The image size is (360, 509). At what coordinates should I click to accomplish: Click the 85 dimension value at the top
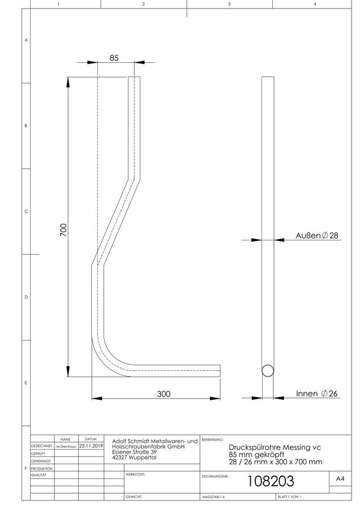(x=114, y=58)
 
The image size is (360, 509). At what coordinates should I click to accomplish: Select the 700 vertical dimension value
(x=64, y=230)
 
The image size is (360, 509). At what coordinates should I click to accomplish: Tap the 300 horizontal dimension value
(x=164, y=394)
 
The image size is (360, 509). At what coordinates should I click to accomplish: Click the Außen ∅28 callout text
(x=317, y=235)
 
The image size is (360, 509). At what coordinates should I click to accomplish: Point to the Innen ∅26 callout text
(x=317, y=394)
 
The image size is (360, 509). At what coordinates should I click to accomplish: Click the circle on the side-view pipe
(x=268, y=370)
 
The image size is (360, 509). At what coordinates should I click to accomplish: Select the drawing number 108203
(x=271, y=481)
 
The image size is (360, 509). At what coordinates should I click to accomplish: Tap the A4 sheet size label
(x=340, y=478)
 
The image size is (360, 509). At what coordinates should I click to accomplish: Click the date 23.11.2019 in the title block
(x=91, y=446)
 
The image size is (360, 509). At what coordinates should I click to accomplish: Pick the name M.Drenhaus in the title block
(x=66, y=447)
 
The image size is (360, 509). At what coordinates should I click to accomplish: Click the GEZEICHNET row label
(x=41, y=446)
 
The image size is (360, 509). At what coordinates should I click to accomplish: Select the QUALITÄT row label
(x=38, y=475)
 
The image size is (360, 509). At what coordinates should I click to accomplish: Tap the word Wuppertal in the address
(x=143, y=458)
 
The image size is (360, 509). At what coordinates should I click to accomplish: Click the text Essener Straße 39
(x=135, y=452)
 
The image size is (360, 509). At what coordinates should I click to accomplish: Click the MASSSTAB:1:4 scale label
(x=213, y=497)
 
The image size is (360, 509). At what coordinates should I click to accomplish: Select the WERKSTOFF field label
(x=135, y=475)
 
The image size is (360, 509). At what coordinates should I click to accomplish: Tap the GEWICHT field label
(x=134, y=497)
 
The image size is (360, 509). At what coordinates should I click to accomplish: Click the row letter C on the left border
(x=26, y=212)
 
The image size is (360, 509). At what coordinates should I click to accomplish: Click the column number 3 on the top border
(x=229, y=4)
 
